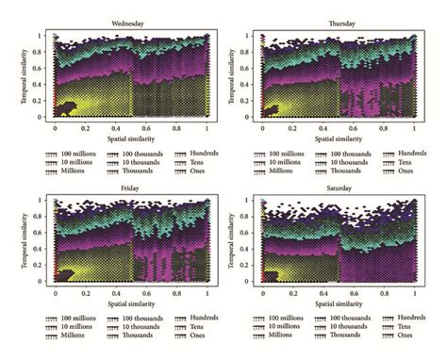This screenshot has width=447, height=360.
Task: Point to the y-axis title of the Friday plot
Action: pyautogui.click(x=25, y=241)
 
